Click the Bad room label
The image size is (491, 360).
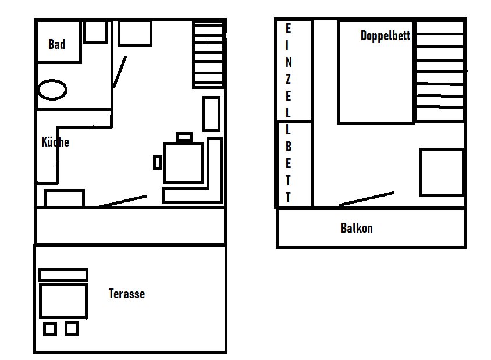tap(57, 44)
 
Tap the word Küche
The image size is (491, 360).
tap(55, 142)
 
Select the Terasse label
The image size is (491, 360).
tap(127, 294)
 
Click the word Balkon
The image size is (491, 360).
tap(357, 228)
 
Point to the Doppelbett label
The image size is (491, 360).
tap(385, 35)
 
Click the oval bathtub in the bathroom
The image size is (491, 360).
tap(52, 90)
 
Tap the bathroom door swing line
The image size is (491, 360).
tap(120, 72)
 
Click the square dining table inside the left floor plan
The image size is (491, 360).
tap(183, 163)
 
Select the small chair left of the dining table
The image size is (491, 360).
tap(157, 162)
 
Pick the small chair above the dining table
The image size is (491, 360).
tap(184, 137)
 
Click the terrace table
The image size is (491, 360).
tap(63, 301)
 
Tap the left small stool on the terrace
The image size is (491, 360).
tap(50, 329)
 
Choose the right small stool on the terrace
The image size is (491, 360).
tap(72, 329)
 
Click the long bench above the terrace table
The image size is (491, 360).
tap(63, 275)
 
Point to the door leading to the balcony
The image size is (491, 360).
tap(367, 199)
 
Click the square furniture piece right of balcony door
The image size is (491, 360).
tap(442, 173)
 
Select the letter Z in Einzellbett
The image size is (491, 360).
tap(288, 79)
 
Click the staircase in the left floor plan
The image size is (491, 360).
tap(208, 54)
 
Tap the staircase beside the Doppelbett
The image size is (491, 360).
tap(440, 71)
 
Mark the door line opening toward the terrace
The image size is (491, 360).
tap(123, 201)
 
